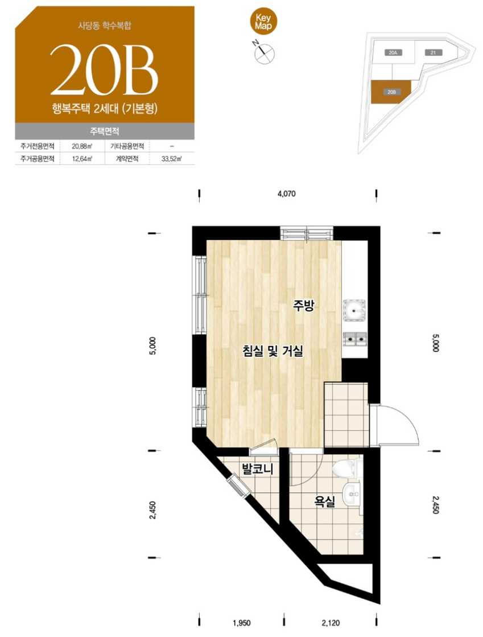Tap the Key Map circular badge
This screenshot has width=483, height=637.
coord(263,22)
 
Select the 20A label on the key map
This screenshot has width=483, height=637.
coord(392,52)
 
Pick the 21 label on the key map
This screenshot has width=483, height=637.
coord(433,52)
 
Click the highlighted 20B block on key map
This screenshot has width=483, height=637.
coord(391,92)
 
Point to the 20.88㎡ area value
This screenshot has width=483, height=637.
coord(81,146)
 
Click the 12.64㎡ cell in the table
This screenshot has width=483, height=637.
coord(81,159)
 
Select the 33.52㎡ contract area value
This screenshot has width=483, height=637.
coord(171,159)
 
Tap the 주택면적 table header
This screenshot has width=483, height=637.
coord(105,131)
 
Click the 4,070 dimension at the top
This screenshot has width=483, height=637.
coord(287,194)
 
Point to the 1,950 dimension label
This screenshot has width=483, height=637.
coord(241,623)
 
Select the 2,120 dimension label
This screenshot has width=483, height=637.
coord(331,623)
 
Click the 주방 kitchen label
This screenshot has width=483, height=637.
coord(304,306)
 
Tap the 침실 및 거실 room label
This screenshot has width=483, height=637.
coord(273,350)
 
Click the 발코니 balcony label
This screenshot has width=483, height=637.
coord(258,469)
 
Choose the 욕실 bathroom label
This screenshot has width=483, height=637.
coord(325,502)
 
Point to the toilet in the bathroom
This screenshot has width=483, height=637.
coord(346,467)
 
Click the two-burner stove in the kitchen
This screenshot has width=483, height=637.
coord(355,339)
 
